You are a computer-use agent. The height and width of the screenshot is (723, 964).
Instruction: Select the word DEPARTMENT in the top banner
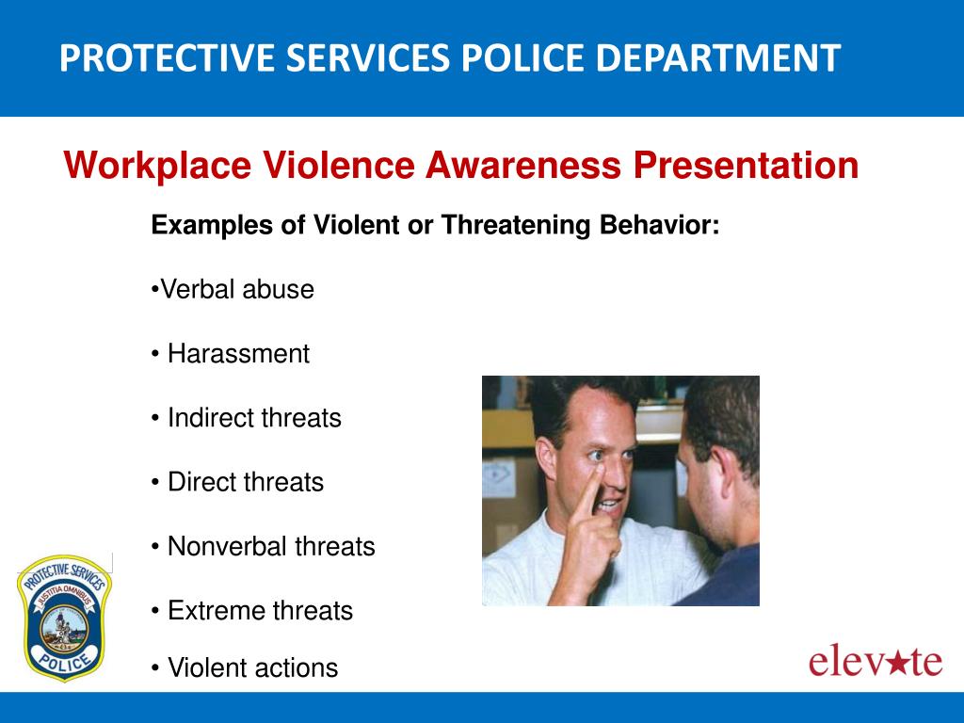[x=717, y=57]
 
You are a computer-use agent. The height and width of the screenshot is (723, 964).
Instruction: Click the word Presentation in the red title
[x=746, y=166]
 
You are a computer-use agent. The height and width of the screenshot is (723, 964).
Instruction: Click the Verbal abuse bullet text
[x=236, y=289]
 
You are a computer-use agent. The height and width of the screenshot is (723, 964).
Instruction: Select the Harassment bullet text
[x=238, y=354]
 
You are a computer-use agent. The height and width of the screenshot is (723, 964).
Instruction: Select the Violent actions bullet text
[x=252, y=667]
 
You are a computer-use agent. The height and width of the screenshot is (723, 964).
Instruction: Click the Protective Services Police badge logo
[x=64, y=618]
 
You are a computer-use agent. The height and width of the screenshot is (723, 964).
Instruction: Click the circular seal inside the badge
[x=64, y=628]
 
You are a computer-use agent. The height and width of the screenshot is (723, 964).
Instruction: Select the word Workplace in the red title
[x=157, y=166]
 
